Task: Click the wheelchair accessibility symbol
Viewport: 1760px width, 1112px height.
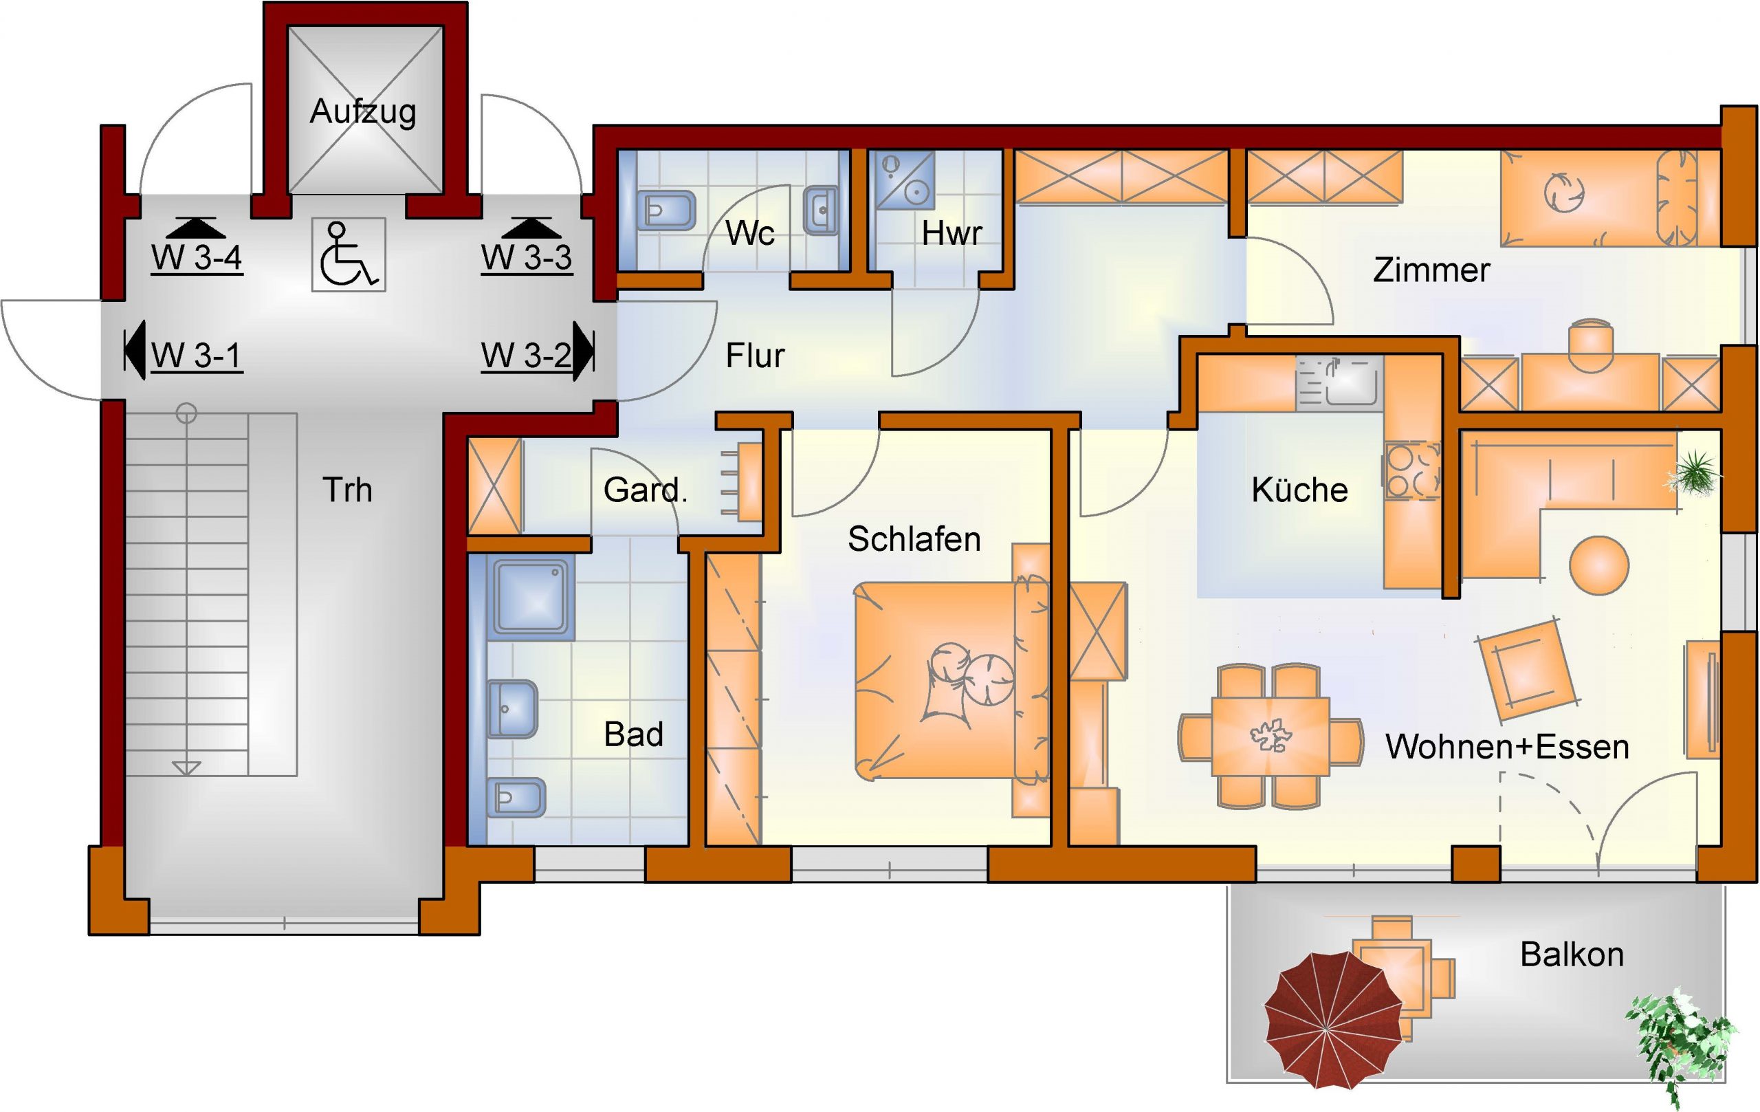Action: [x=349, y=255]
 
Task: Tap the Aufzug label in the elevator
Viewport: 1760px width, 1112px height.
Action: [x=362, y=112]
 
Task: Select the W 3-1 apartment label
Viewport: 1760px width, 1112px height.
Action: [x=197, y=356]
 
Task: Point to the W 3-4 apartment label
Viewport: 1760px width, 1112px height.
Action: [x=197, y=257]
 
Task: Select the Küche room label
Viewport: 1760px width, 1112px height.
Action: [x=1299, y=490]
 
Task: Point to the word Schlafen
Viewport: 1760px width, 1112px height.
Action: [x=914, y=539]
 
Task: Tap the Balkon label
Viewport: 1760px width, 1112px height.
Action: [x=1572, y=954]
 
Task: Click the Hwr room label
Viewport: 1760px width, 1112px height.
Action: [x=951, y=233]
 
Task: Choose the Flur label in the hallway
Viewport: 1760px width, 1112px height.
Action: [x=754, y=356]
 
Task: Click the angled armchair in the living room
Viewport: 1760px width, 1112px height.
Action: [x=1526, y=671]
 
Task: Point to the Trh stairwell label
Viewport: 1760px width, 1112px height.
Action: [x=347, y=490]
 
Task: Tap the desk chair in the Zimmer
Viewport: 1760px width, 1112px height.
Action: [x=1591, y=345]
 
